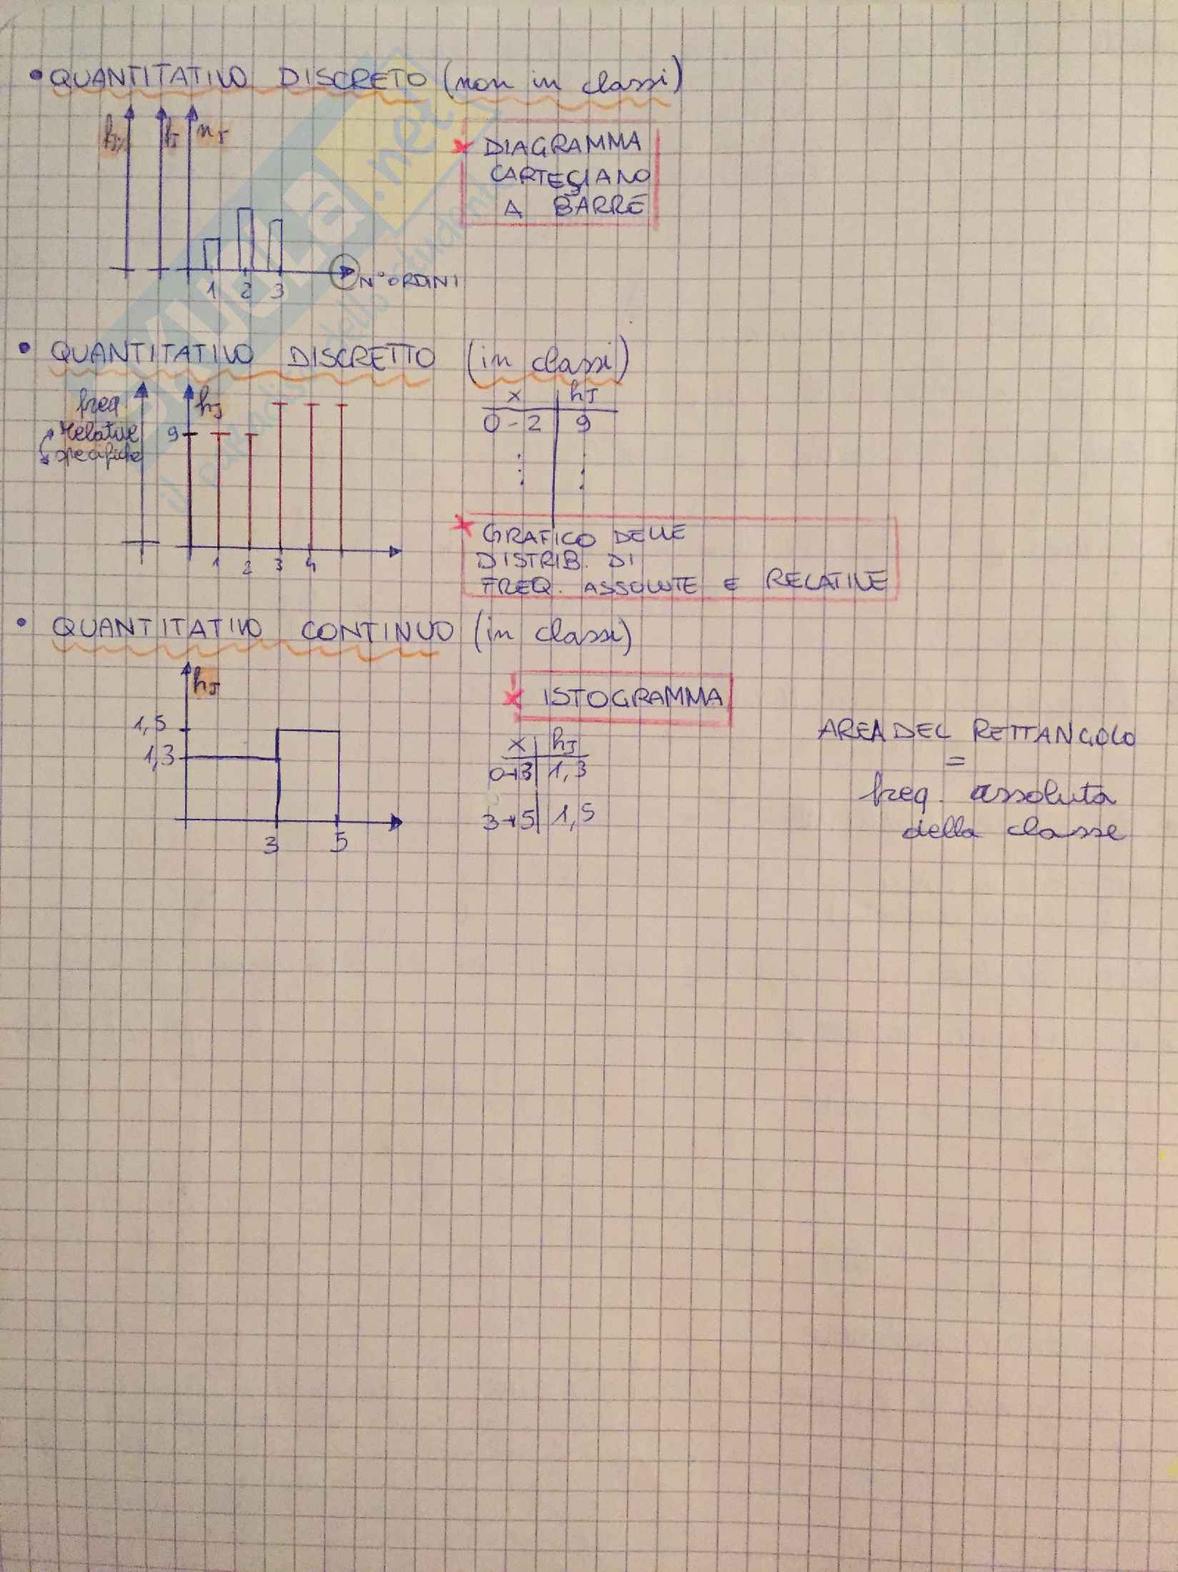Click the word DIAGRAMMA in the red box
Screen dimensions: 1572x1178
(562, 145)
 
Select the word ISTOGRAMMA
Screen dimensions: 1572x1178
(633, 697)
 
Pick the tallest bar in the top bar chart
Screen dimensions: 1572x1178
(245, 240)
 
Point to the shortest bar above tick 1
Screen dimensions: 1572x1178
(211, 255)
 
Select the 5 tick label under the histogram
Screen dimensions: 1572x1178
(342, 844)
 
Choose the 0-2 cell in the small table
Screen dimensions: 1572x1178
(512, 425)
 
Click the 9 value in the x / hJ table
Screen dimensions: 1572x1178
(583, 425)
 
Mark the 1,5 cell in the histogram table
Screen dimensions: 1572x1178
(573, 815)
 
